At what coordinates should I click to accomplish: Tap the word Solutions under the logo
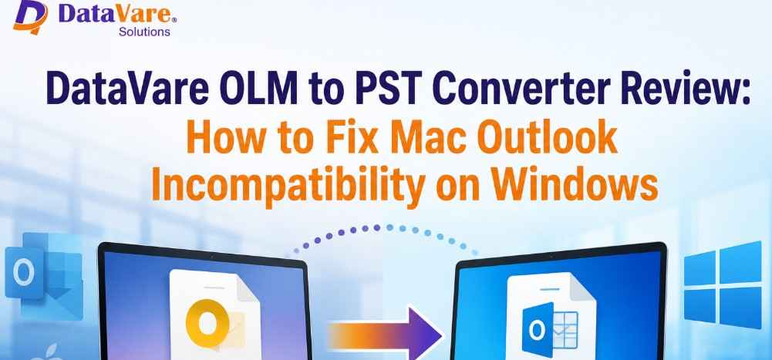coord(144,32)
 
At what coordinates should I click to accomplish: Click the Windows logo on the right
coord(723,284)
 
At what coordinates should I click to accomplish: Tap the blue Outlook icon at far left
coord(43,276)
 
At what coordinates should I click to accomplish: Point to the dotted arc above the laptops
coord(376,227)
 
